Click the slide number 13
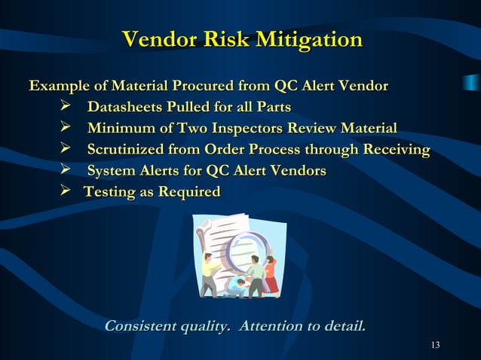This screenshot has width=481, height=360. coord(435,345)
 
